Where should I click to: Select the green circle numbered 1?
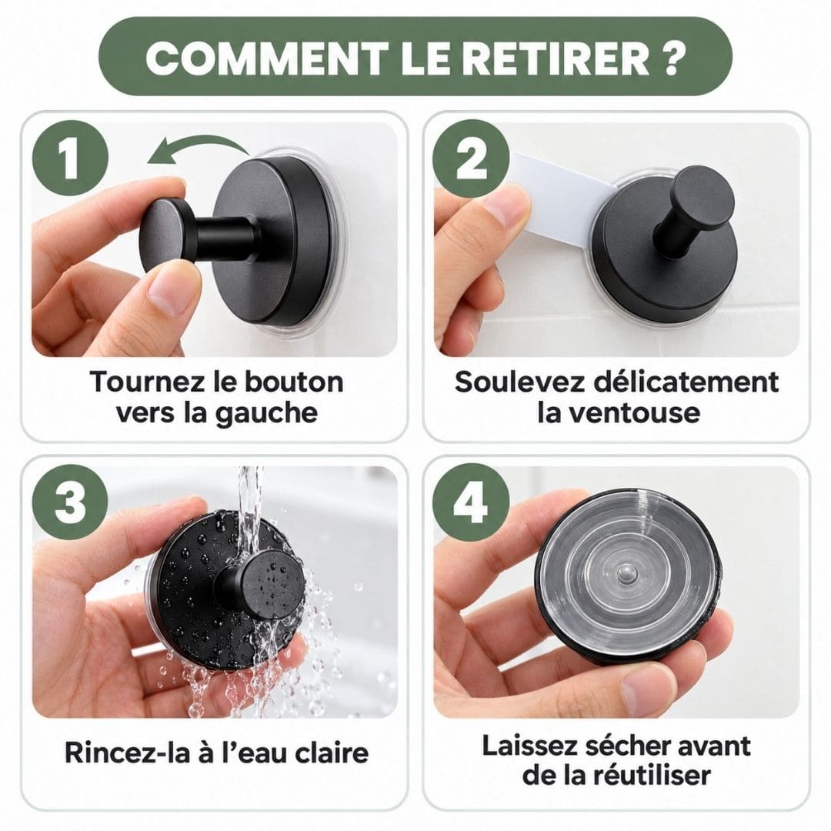71,158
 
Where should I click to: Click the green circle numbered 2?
471,158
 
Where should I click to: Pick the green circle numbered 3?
71,501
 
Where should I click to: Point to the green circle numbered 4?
471,501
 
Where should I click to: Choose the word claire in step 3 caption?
331,753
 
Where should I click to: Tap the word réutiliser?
652,776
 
